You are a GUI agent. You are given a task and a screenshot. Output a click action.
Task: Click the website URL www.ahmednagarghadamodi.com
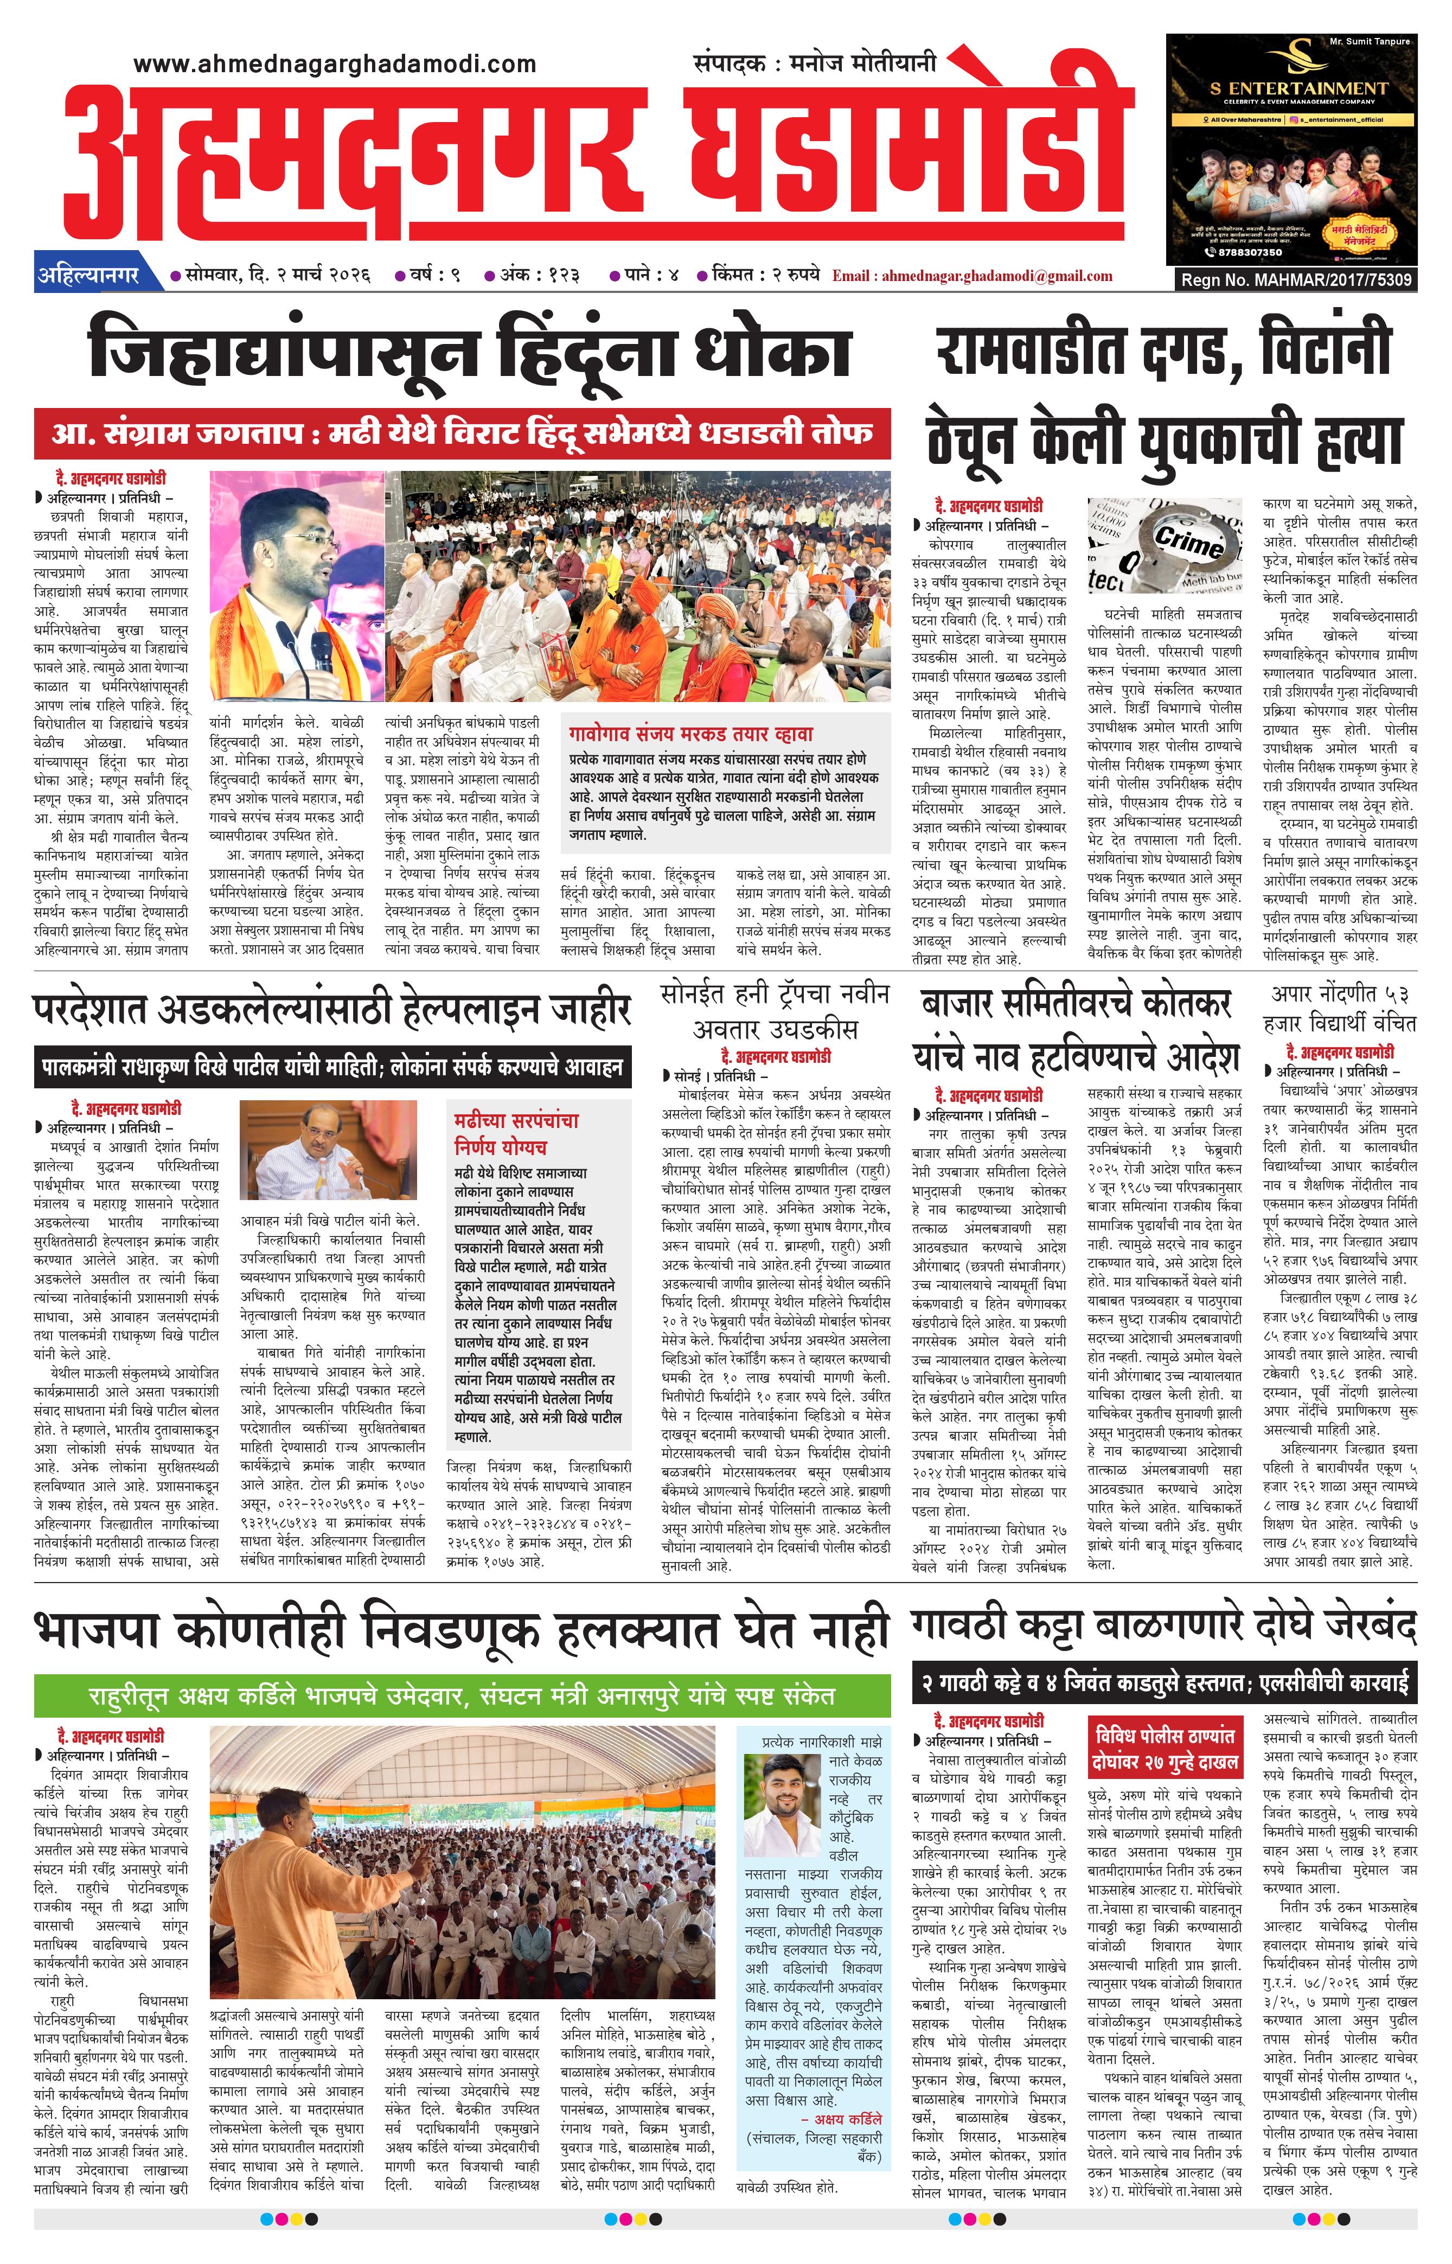[x=335, y=64]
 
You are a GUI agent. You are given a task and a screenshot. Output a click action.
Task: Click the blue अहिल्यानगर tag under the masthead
[x=88, y=276]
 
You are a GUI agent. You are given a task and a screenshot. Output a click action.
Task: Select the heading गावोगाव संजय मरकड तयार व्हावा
[x=690, y=734]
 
